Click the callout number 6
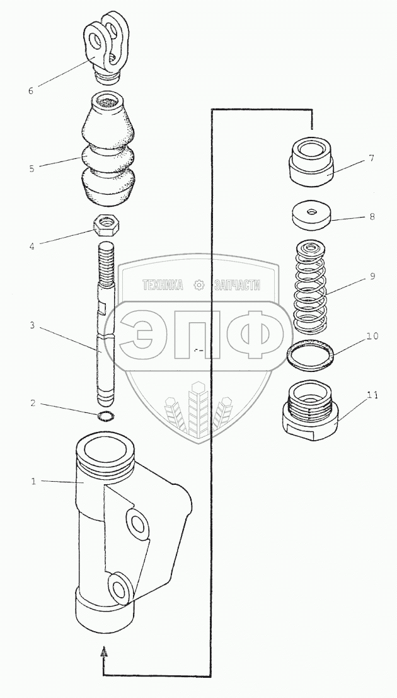click(30, 90)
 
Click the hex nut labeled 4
click(107, 224)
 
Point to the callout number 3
click(30, 326)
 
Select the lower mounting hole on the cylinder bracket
click(119, 588)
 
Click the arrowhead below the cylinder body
click(105, 652)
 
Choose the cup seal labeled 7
click(311, 162)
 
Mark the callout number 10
click(372, 336)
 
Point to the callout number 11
click(372, 395)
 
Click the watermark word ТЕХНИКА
click(163, 286)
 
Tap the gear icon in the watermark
click(200, 285)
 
